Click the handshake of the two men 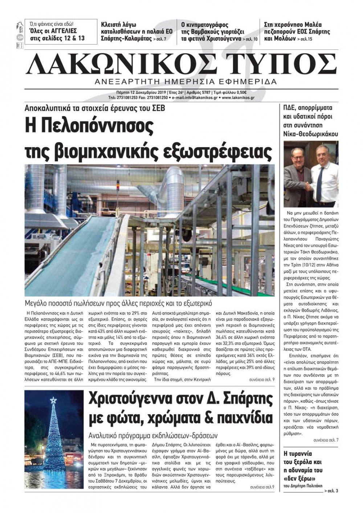tap(308, 186)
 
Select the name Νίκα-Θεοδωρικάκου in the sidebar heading tap(311, 134)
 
